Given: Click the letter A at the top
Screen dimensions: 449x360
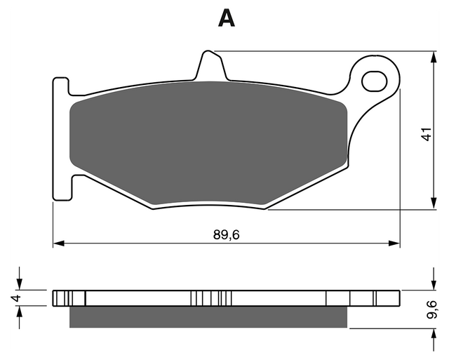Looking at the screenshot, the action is tap(226, 18).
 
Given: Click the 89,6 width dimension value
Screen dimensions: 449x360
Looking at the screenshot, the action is tap(226, 235).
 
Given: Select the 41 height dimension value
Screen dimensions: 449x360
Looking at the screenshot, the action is tap(427, 134).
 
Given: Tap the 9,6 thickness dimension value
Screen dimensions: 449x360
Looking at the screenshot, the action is tap(431, 309).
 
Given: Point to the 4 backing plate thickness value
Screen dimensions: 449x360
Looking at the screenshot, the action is tap(16, 298).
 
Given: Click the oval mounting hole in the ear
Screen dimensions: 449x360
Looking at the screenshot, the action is tap(374, 81).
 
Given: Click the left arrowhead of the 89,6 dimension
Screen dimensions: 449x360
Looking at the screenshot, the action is tap(58, 244).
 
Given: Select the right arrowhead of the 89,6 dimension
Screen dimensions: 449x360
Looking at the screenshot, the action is tap(394, 244).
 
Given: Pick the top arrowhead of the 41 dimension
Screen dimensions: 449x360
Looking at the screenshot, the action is tap(434, 57).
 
